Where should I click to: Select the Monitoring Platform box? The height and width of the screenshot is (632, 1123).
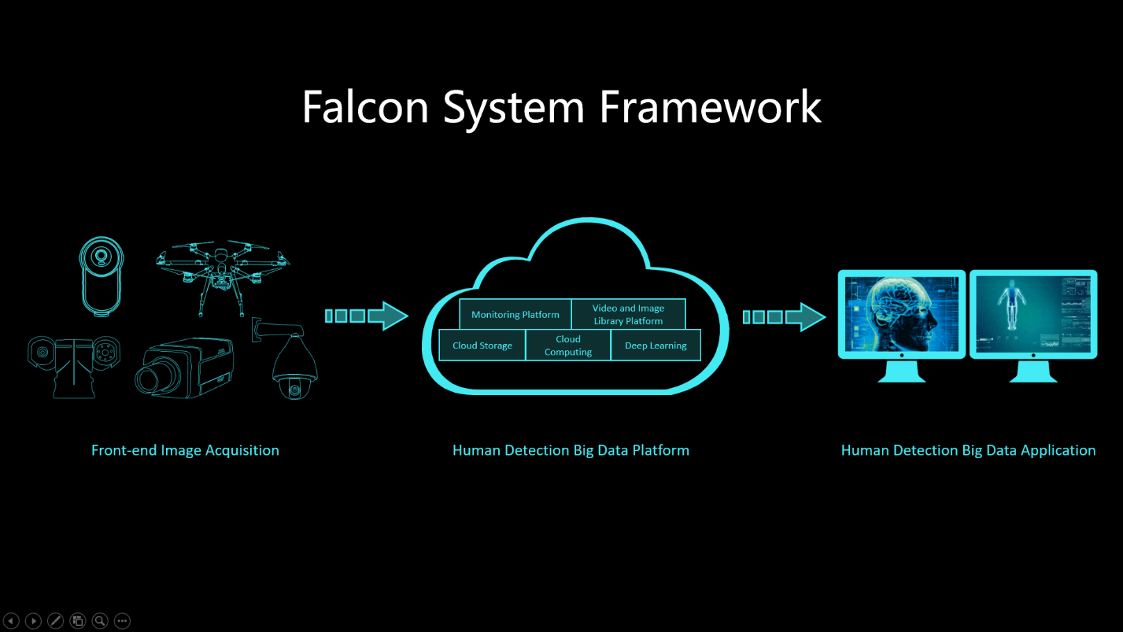(515, 314)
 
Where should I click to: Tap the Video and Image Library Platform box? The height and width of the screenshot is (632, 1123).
(628, 314)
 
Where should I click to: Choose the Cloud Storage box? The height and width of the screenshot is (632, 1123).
(482, 346)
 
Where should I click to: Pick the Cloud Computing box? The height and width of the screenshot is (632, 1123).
(567, 346)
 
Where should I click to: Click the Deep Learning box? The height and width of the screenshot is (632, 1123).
(655, 346)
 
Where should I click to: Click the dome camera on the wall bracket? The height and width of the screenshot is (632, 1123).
(293, 366)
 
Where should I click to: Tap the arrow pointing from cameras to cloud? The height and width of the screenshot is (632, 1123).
(367, 316)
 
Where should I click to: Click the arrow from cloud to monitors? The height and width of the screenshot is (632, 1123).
(784, 316)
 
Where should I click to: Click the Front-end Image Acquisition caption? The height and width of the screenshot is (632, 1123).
(185, 450)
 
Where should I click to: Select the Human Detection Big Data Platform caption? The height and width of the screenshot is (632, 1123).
(571, 450)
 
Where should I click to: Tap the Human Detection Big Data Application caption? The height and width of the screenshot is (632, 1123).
(968, 450)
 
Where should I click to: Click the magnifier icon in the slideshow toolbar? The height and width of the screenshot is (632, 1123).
(100, 621)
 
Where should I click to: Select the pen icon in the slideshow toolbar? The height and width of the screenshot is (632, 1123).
(55, 621)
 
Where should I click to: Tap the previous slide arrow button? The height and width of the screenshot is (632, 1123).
(11, 621)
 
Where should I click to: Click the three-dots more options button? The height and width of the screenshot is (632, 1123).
(122, 621)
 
